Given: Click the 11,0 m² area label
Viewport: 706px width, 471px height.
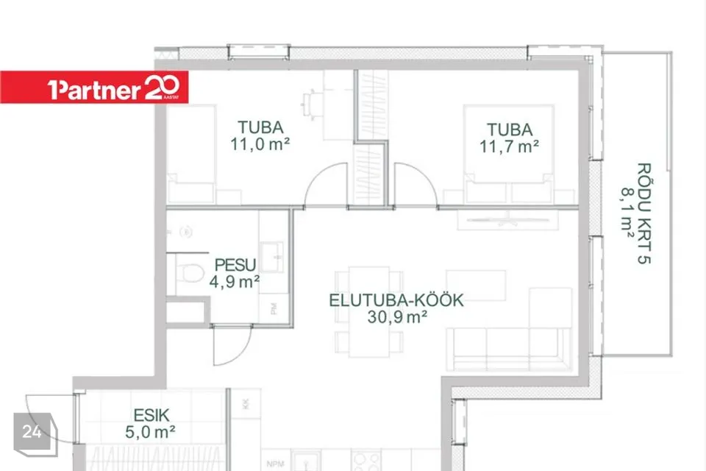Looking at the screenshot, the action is [260, 144].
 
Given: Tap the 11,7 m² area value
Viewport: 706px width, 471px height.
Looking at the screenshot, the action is [509, 146].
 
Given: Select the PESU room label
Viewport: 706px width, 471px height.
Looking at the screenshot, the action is [235, 265].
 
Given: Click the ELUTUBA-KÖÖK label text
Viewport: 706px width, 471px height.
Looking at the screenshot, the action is [396, 300].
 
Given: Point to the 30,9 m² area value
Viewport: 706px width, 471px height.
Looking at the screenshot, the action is [396, 317].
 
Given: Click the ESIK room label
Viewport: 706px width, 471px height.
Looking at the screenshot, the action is [151, 415].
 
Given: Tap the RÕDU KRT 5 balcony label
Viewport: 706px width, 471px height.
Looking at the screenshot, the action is [645, 213].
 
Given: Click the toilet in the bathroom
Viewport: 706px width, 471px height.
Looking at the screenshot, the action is [190, 273].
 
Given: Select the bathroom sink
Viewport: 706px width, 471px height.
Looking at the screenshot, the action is [272, 257].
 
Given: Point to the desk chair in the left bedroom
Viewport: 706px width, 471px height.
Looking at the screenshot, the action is [309, 105].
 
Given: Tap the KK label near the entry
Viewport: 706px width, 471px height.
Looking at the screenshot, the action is [246, 403].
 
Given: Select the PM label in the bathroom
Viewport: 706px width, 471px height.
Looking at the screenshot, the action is [274, 309].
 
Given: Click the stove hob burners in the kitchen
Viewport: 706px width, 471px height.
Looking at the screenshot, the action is [366, 461].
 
